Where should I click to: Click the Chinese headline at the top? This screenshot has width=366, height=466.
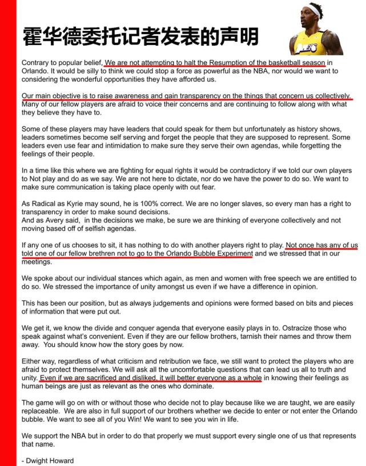140,36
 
